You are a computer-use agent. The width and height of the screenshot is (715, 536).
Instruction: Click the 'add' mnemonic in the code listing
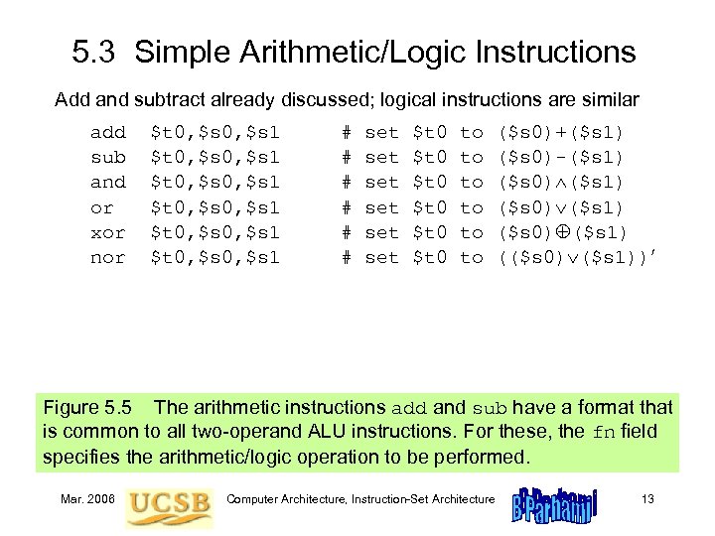click(108, 132)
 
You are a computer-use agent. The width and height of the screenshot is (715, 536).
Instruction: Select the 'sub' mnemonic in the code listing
click(108, 157)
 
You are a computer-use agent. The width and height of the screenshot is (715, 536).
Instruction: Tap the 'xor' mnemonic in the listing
click(108, 232)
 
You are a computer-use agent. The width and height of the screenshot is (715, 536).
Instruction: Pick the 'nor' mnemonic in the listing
click(108, 257)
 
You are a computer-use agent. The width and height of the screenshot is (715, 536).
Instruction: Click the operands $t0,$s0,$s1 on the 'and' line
click(214, 183)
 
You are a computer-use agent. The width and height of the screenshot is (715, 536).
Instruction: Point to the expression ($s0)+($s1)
click(560, 132)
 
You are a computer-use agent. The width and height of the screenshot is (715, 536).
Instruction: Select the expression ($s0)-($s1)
click(560, 157)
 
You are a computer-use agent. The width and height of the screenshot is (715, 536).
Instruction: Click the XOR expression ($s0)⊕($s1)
click(560, 232)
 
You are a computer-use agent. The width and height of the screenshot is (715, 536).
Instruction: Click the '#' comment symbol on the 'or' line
click(347, 207)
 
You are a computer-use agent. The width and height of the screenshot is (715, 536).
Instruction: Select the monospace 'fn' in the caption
click(605, 433)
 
